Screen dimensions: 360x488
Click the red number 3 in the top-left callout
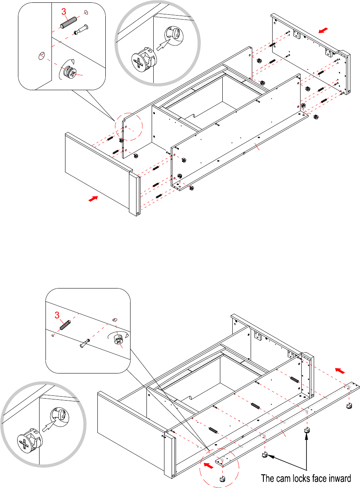tap(63, 12)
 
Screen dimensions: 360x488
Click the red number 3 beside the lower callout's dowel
tap(57, 315)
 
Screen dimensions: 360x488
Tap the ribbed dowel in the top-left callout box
tap(68, 22)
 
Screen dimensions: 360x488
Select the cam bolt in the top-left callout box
tap(81, 30)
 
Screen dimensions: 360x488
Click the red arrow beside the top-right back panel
tap(323, 30)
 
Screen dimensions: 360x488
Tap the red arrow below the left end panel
tap(93, 199)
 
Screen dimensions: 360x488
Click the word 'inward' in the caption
tap(339, 478)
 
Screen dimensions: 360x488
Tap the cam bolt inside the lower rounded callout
tap(85, 343)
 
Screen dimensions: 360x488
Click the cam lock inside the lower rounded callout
tap(119, 340)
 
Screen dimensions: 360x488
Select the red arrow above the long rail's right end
tap(340, 371)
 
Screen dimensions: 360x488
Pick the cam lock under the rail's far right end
tap(349, 406)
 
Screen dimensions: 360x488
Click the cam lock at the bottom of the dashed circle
tap(222, 479)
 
